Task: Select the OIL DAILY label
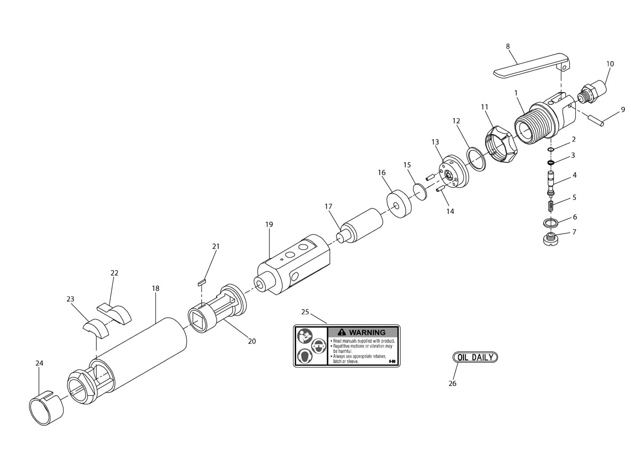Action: click(x=475, y=357)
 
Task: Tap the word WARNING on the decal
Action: click(x=367, y=332)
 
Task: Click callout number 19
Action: click(x=269, y=224)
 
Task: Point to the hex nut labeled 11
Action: click(x=498, y=146)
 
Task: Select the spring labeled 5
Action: click(x=551, y=206)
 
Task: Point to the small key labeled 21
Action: click(x=201, y=282)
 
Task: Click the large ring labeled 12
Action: click(x=477, y=159)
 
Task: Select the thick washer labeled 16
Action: click(x=398, y=205)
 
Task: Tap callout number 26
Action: click(x=452, y=383)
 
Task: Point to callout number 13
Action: click(x=435, y=142)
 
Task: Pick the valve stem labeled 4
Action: click(x=551, y=182)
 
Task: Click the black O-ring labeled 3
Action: click(x=551, y=162)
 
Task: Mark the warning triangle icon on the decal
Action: click(x=342, y=332)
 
